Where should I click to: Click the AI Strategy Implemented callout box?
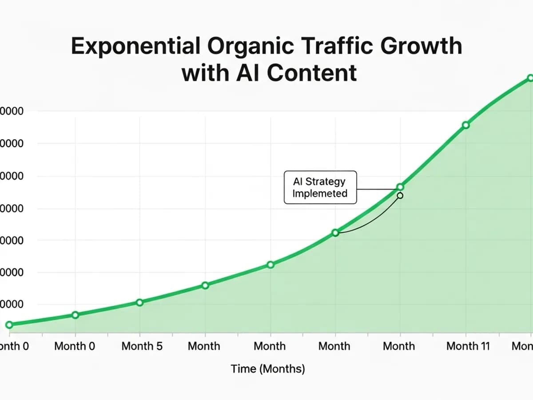(320, 187)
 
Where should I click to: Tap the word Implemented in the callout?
(320, 193)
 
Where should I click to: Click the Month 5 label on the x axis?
(142, 346)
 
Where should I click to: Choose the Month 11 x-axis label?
(468, 346)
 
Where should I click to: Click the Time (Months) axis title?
(268, 369)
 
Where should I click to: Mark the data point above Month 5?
(139, 302)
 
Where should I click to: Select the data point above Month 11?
(465, 125)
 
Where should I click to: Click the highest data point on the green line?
(530, 78)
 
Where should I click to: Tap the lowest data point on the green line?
(9, 324)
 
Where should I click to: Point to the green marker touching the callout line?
(400, 187)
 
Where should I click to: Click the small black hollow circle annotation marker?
(400, 196)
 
